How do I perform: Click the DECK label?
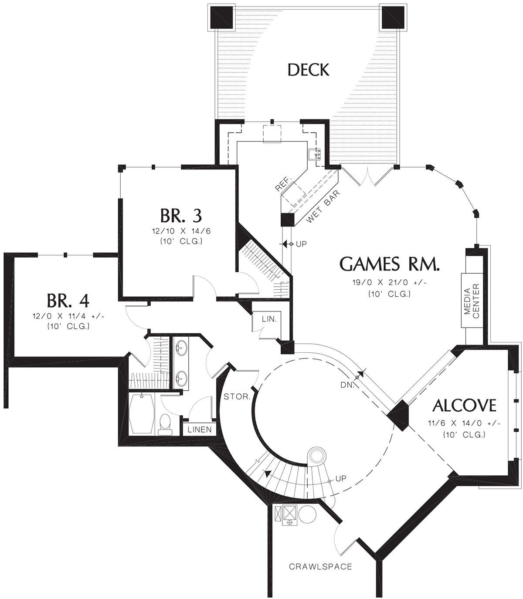309,70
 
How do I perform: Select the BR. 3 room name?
181,216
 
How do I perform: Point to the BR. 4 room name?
68,301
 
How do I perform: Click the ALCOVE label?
464,406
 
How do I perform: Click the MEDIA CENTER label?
472,301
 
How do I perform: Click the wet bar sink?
315,154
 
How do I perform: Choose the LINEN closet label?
200,430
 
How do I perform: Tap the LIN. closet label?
269,319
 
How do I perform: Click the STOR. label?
237,397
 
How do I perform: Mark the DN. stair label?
347,385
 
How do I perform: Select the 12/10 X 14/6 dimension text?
181,231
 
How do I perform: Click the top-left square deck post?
221,17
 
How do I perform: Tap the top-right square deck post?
393,17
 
